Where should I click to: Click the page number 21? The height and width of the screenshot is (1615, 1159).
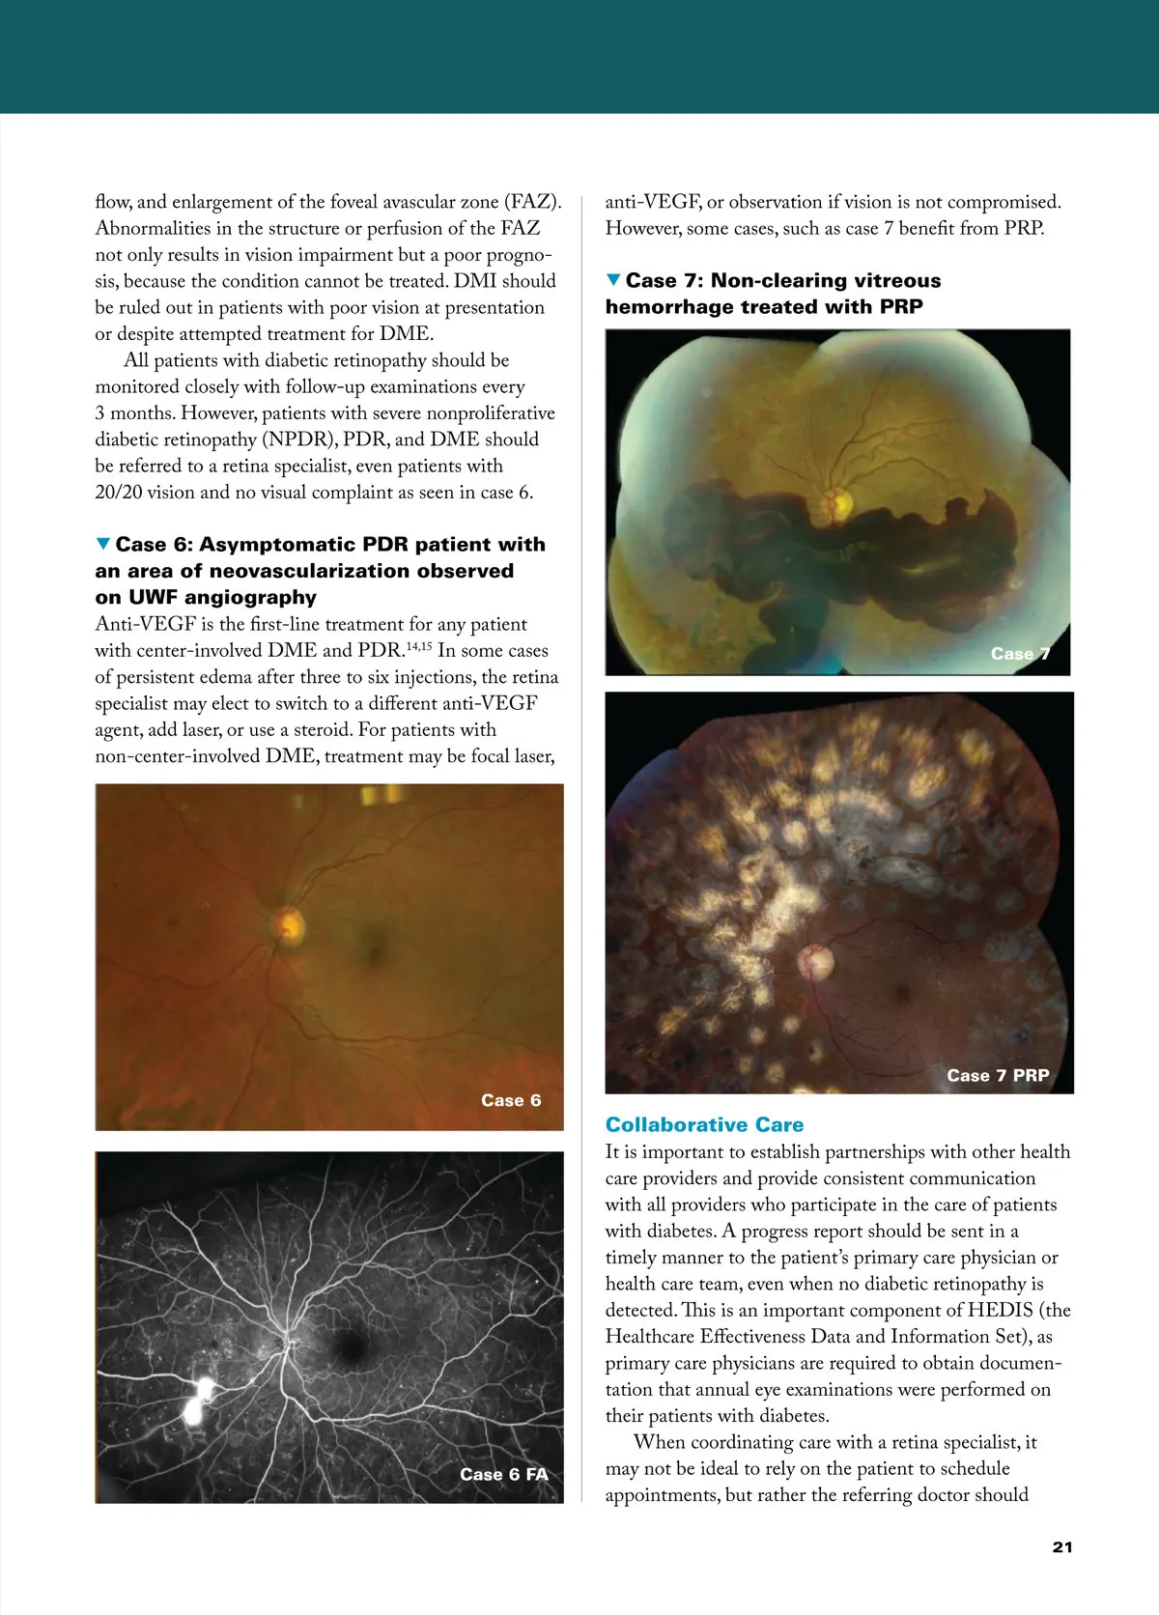coord(1061,1546)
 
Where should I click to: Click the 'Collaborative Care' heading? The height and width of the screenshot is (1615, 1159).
coord(704,1124)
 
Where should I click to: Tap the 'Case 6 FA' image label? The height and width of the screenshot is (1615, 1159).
coord(503,1474)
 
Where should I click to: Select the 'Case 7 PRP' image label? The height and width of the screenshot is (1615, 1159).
coord(998,1075)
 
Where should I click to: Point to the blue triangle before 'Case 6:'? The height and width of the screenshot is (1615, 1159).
coord(103,545)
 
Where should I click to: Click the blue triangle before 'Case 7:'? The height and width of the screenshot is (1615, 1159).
coord(613,280)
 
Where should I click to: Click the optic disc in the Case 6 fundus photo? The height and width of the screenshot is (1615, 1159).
coord(288,925)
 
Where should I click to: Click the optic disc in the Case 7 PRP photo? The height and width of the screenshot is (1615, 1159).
coord(816,961)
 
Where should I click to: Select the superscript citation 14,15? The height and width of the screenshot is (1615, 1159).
coord(418,645)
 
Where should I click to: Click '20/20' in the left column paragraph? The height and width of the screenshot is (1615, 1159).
coord(119,492)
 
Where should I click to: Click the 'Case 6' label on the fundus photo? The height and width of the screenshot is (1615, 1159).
coord(511,1100)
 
